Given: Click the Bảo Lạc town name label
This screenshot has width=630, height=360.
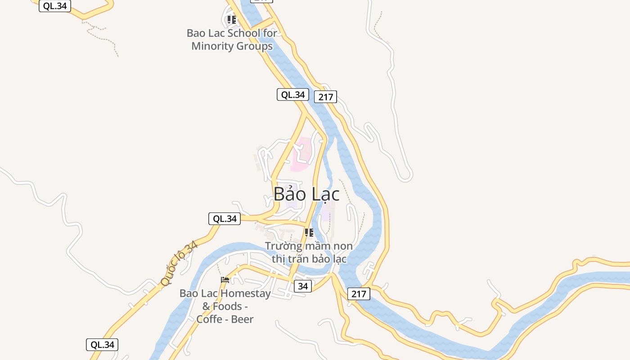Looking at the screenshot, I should pos(306,194).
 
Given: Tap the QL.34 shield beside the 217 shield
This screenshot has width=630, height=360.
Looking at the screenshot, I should pos(292,94).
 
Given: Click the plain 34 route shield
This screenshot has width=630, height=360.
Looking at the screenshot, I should pos(303,286).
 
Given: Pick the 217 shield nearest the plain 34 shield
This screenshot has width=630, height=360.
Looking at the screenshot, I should pos(359,294).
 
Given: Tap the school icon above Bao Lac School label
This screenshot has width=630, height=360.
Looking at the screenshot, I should pos(231,20).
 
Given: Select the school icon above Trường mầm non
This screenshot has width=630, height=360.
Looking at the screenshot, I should pos(309,233).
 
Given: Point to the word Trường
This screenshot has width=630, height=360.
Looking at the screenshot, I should pos(283,246).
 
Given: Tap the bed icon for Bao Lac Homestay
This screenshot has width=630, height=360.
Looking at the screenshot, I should pos(225,280).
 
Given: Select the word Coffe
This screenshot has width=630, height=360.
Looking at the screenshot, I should pos(209,319).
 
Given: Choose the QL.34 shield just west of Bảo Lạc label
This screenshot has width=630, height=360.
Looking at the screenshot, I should pos(225,219).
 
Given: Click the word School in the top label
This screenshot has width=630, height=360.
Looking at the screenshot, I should pos(243,33).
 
